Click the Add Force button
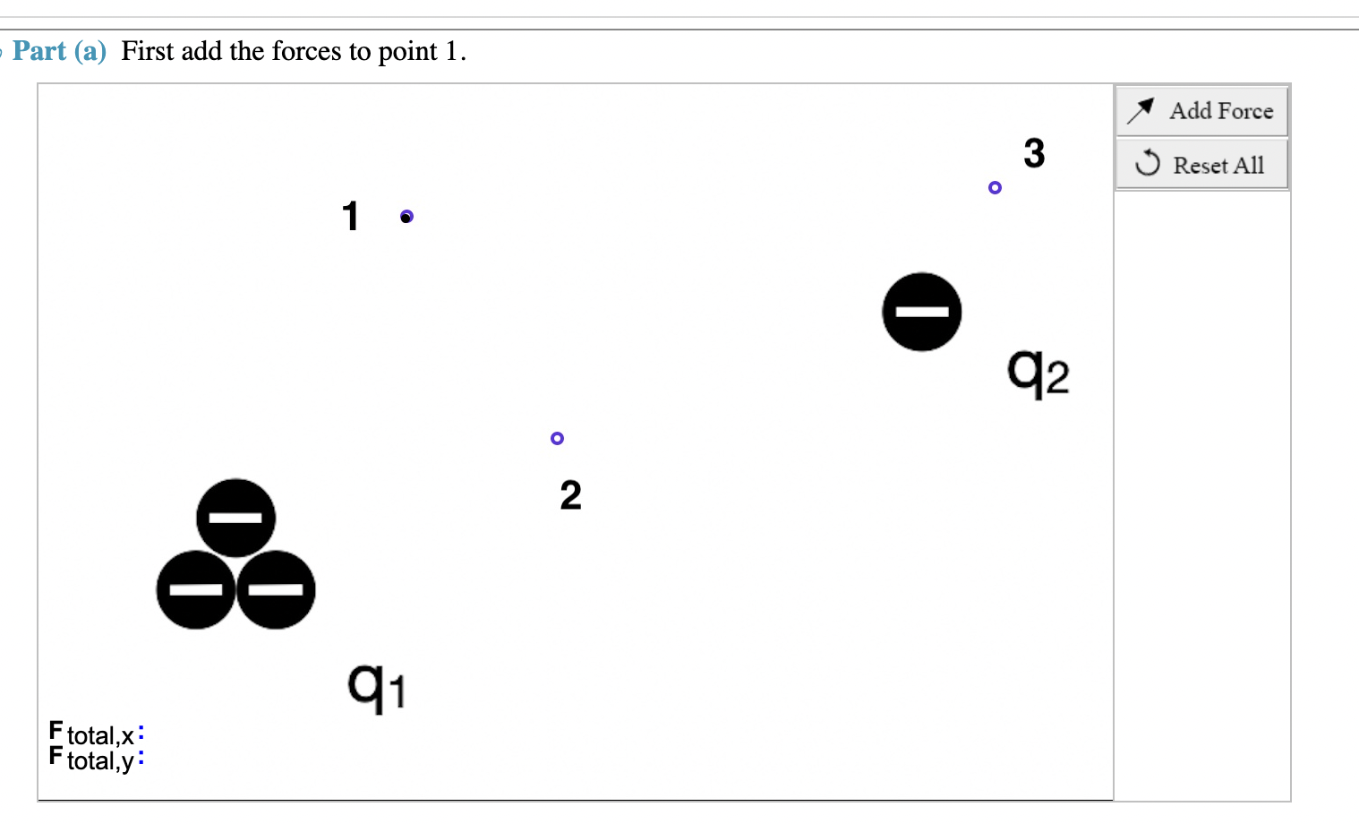1201,111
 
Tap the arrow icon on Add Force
1141,110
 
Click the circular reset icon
1148,164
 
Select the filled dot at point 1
406,217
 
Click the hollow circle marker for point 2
557,438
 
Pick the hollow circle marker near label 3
995,187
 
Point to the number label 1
350,216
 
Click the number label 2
570,495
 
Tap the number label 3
1034,153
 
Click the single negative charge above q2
921,312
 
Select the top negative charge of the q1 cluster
235,518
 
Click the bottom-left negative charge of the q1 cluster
196,589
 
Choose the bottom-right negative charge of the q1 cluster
276,589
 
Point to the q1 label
376,688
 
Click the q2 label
1038,372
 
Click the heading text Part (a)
59,51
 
